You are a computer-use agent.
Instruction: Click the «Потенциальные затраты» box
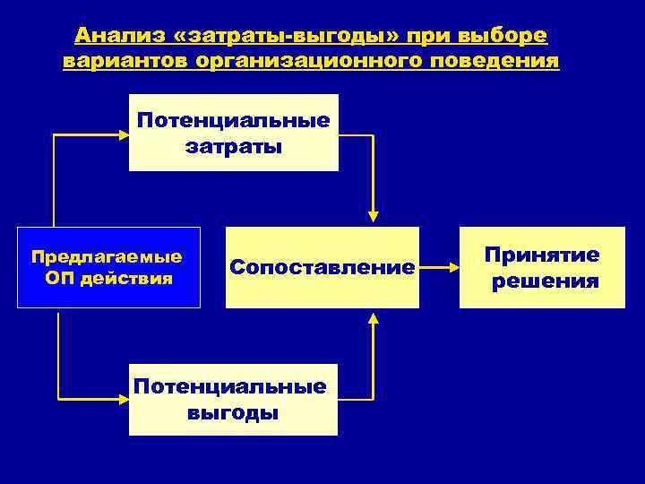[234, 132]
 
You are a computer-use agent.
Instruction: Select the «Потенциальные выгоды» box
[233, 399]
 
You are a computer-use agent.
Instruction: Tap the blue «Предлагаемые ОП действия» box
[108, 267]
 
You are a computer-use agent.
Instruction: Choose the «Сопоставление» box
[322, 267]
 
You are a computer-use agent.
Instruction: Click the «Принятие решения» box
[542, 267]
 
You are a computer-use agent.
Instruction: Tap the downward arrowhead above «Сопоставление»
[374, 216]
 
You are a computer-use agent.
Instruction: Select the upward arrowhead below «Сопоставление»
[374, 316]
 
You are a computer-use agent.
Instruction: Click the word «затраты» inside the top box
[234, 146]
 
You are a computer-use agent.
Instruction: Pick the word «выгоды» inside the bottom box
[233, 413]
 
